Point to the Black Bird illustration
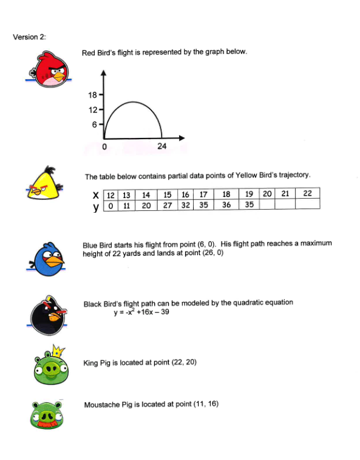(48, 317)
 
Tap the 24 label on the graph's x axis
(162, 146)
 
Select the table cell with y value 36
(227, 205)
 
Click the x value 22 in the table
(307, 194)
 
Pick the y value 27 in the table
(167, 205)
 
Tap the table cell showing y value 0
(110, 205)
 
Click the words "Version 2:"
(30, 37)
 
